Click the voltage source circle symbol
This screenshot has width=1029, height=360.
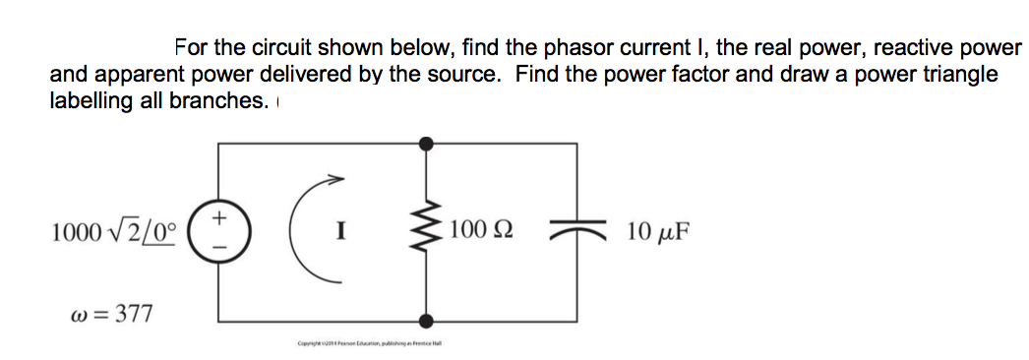[218, 231]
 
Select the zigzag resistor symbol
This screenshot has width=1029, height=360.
[426, 232]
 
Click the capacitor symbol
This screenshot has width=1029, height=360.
[575, 231]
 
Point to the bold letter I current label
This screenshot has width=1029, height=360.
[339, 233]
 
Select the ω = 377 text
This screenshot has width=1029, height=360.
[115, 314]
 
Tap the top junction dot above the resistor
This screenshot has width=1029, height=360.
[426, 144]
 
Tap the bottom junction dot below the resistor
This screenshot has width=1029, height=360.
[426, 320]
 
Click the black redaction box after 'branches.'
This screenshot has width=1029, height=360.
[355, 102]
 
